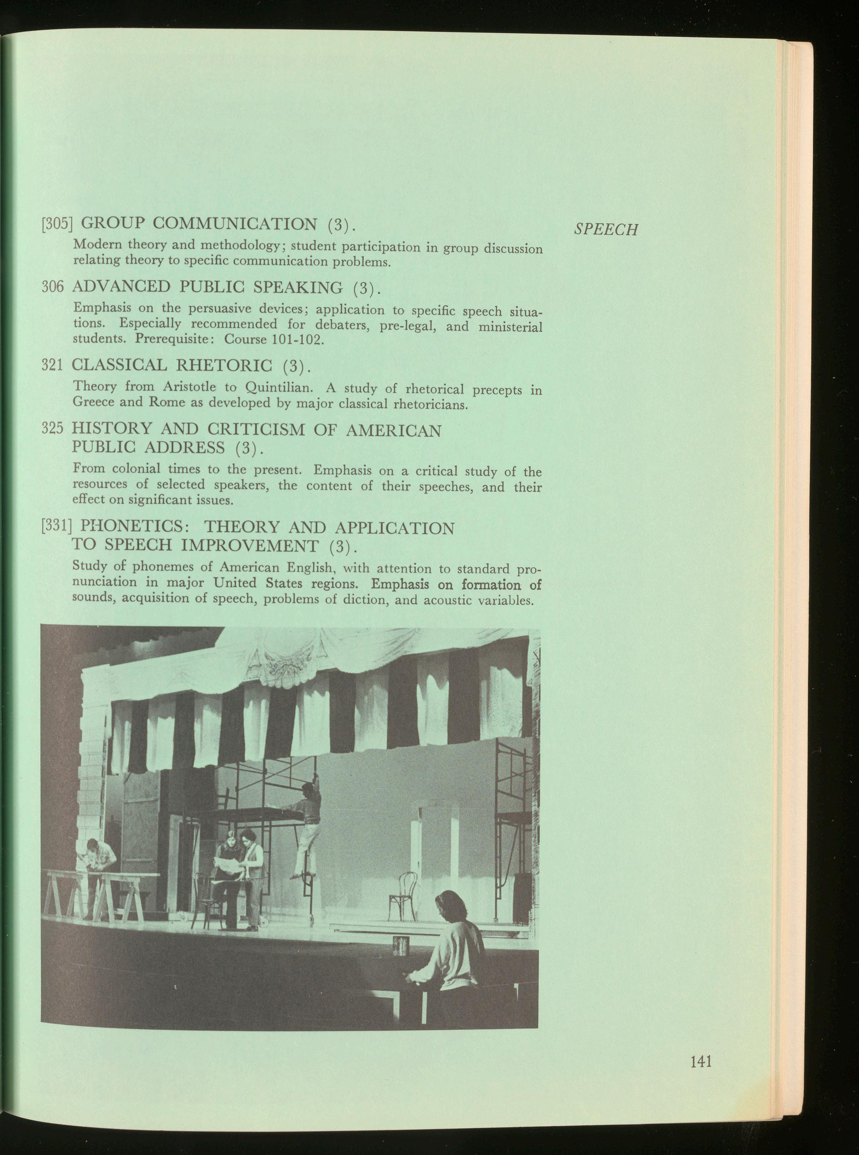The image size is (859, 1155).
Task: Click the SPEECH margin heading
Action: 606,229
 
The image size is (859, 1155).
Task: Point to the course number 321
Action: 53,366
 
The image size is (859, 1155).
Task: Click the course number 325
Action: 53,430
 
